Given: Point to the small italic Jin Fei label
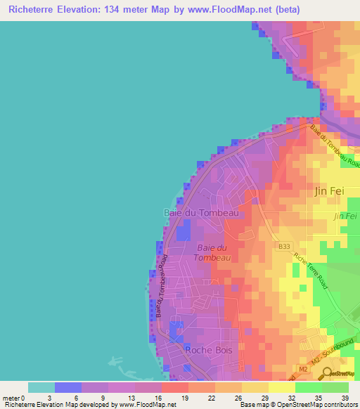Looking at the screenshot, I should coord(345,216).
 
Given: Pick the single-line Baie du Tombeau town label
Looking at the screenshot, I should coord(201,212).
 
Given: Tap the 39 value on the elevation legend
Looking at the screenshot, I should coord(345,398).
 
